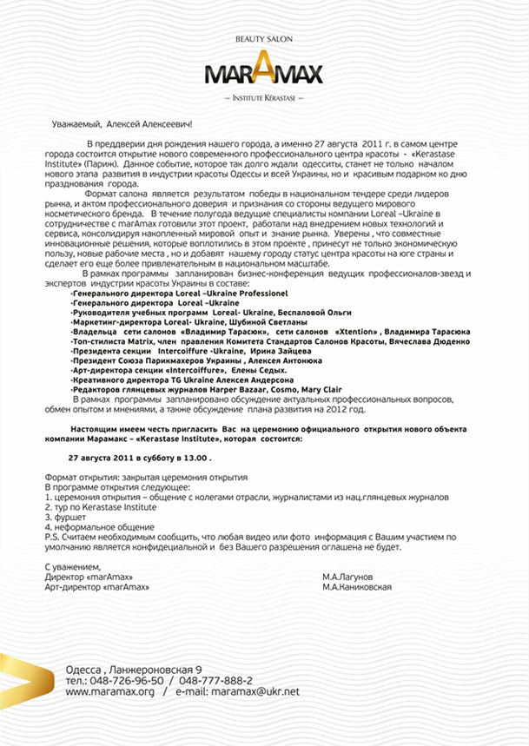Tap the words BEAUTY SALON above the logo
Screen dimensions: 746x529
(264, 41)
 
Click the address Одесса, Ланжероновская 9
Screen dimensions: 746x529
(134, 670)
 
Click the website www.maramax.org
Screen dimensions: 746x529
(109, 691)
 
